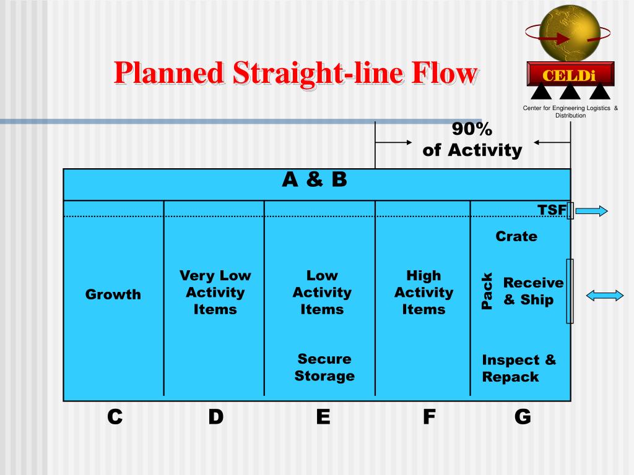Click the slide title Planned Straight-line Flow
[296, 74]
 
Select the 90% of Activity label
[472, 140]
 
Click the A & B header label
[315, 179]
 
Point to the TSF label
[552, 210]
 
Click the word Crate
[516, 236]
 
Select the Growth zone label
[113, 294]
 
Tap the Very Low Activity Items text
[215, 292]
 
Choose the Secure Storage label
[324, 367]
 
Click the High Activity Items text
[423, 292]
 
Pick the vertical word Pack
[487, 291]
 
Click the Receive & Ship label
[533, 291]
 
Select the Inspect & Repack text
[519, 369]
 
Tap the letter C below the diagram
[115, 417]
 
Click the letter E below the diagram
[323, 417]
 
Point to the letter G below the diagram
[523, 417]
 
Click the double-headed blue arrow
[605, 296]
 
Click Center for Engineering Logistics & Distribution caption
[570, 112]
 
